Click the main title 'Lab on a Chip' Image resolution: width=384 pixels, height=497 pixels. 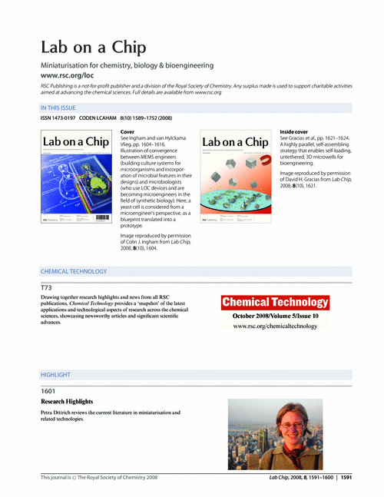(93, 48)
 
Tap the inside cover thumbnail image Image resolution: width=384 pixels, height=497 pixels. (237, 178)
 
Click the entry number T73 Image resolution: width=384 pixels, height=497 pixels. (46, 287)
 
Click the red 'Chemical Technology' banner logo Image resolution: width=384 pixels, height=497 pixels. (276, 303)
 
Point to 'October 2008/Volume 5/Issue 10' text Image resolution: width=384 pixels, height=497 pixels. (276, 316)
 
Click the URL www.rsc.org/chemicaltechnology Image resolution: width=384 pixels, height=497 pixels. (276, 326)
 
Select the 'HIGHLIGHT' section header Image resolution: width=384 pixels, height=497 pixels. (55, 375)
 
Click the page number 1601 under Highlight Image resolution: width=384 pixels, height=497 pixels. (48, 390)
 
